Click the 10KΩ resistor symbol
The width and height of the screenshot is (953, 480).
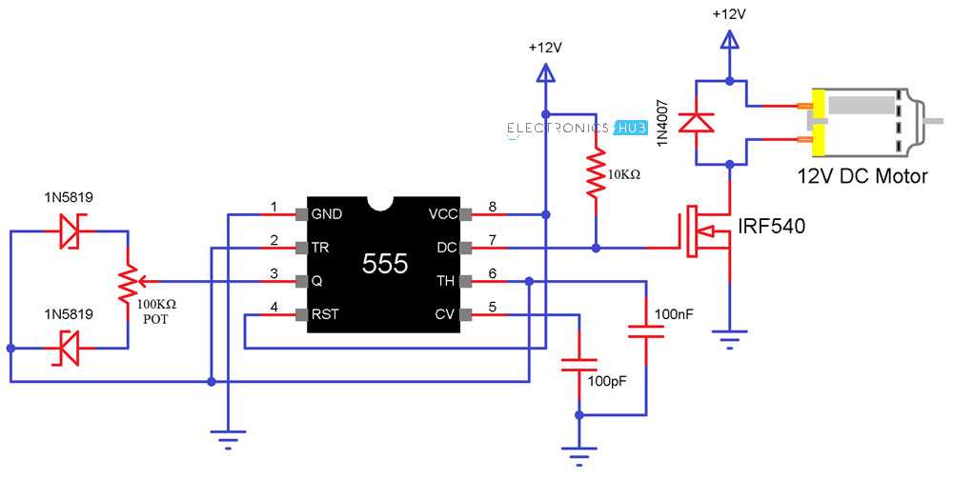pyautogui.click(x=596, y=171)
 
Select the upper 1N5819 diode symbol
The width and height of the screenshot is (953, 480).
pyautogui.click(x=70, y=230)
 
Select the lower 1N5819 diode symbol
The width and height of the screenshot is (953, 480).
pyautogui.click(x=70, y=350)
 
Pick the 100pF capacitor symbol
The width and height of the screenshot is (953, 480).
pyautogui.click(x=578, y=364)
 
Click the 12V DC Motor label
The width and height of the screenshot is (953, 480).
pyautogui.click(x=862, y=175)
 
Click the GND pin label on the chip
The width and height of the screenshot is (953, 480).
pyautogui.click(x=327, y=213)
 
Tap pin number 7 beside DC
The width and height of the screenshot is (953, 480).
pyautogui.click(x=492, y=240)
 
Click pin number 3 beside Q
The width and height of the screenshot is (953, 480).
pyautogui.click(x=274, y=274)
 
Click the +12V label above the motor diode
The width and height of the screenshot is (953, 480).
pyautogui.click(x=729, y=15)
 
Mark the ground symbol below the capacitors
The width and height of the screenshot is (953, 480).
pyautogui.click(x=578, y=451)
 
